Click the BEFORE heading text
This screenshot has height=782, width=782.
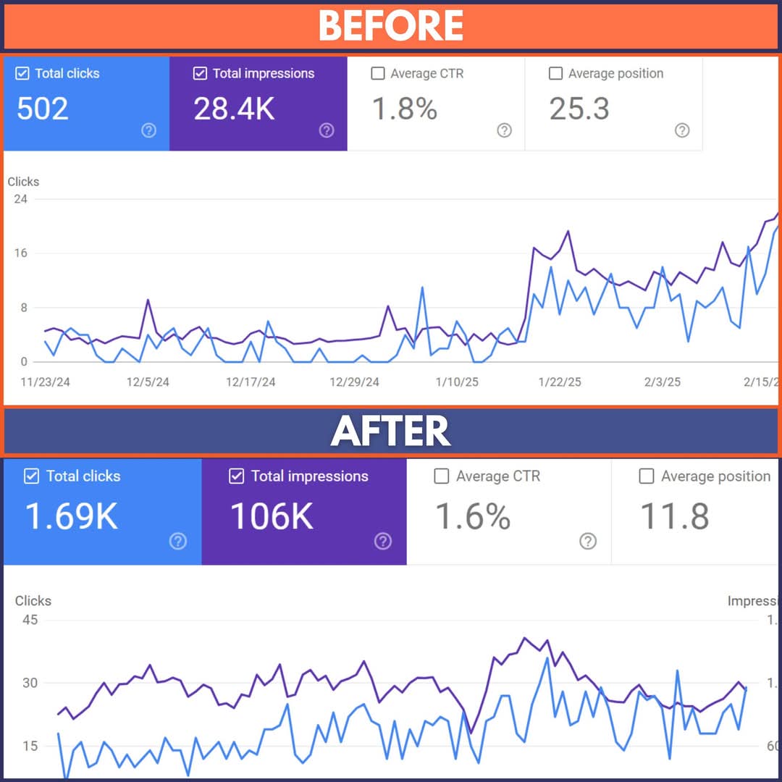[x=391, y=25]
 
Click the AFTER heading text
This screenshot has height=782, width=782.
[x=391, y=432]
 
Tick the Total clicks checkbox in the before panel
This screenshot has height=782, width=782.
[x=22, y=73]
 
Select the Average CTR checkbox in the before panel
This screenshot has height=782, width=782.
[x=377, y=73]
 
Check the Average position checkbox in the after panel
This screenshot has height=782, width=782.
[x=647, y=476]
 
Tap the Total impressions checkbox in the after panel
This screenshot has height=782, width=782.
[x=236, y=476]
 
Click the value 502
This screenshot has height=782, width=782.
[x=43, y=109]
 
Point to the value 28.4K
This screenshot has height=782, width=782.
[x=234, y=109]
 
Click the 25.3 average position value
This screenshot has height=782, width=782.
[x=579, y=109]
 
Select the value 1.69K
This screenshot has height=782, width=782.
[x=71, y=516]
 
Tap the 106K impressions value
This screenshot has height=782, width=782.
[x=272, y=516]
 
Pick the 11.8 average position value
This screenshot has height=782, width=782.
[x=674, y=516]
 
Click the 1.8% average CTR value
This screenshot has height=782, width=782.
[x=404, y=109]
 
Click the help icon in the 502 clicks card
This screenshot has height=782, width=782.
[x=148, y=130]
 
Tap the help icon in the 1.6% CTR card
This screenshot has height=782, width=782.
[x=588, y=541]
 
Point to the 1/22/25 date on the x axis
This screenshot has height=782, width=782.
[x=560, y=382]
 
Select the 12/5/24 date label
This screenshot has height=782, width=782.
[x=148, y=382]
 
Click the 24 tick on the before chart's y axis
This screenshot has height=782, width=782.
[x=20, y=198]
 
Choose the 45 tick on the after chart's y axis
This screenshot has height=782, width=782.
[x=30, y=620]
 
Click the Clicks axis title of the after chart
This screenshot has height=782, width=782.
[x=33, y=601]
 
